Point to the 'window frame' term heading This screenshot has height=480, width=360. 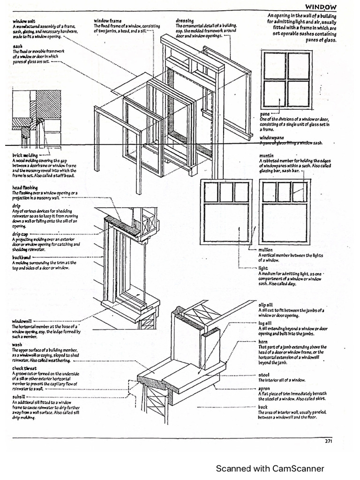point(108,21)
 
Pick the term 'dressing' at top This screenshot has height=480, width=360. point(184,21)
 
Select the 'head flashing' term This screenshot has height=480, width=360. point(25,187)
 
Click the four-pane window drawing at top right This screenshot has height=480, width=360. point(286,80)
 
